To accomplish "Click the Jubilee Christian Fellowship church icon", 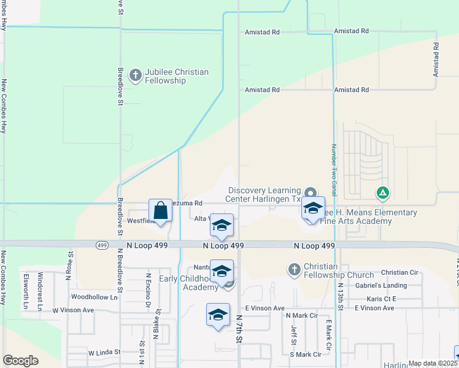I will [x=135, y=76].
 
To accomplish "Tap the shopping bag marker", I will [x=160, y=211].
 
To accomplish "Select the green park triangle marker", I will [x=383, y=194].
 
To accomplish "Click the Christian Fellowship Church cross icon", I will [x=294, y=270].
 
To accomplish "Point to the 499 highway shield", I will [x=102, y=245].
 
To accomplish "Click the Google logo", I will [x=20, y=361].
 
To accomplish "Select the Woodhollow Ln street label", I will [x=94, y=297].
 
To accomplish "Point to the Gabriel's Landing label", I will [x=385, y=285].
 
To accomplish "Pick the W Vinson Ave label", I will [x=72, y=310].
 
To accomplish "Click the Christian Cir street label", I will [x=399, y=272].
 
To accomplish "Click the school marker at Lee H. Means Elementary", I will [x=313, y=209].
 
